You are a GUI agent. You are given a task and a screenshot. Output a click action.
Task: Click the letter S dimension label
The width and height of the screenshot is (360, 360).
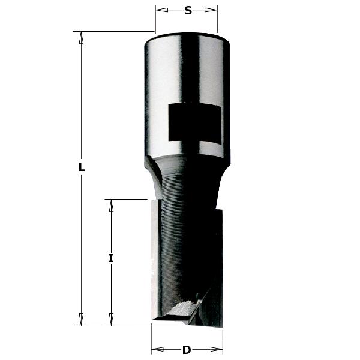coord(187,10)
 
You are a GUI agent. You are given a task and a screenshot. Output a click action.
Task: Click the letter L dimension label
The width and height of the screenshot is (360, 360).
coord(82,168)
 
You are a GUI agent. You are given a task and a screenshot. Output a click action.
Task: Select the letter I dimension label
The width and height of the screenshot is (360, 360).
coord(111,259)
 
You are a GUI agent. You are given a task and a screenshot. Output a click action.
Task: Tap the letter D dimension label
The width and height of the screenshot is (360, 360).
coord(187,350)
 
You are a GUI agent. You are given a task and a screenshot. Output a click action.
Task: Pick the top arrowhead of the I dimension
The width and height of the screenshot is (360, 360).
coord(111,206)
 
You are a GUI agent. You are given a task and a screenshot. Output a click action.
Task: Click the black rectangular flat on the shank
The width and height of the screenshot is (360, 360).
coord(193,122)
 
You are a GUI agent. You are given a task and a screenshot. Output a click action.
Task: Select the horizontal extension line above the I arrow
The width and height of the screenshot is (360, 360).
coord(126,199)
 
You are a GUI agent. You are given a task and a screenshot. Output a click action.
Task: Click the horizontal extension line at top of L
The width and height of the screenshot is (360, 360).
coord(114,31)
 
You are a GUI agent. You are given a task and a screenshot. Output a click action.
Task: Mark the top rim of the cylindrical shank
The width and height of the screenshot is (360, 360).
coord(187,35)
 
